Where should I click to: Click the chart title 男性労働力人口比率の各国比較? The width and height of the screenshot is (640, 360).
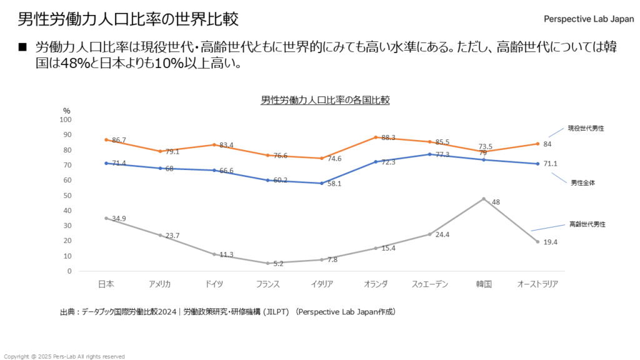pyautogui.click(x=325, y=100)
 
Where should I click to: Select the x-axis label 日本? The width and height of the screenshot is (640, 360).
pyautogui.click(x=106, y=284)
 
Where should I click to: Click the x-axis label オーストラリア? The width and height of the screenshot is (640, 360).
pyautogui.click(x=537, y=284)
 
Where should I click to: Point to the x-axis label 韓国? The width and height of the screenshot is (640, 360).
pyautogui.click(x=484, y=284)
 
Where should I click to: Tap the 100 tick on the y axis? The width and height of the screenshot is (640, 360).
pyautogui.click(x=66, y=119)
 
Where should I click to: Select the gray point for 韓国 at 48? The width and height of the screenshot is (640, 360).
pyautogui.click(x=484, y=199)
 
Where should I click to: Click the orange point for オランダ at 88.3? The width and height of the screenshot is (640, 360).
pyautogui.click(x=376, y=137)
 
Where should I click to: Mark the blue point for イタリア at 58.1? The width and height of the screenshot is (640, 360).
pyautogui.click(x=322, y=183)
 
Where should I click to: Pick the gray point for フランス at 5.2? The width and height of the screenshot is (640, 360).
pyautogui.click(x=267, y=263)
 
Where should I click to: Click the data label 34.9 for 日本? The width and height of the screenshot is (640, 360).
pyautogui.click(x=119, y=219)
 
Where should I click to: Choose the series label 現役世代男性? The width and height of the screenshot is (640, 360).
pyautogui.click(x=586, y=128)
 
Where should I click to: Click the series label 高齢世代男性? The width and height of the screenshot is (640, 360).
pyautogui.click(x=586, y=224)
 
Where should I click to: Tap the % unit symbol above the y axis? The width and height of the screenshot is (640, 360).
pyautogui.click(x=67, y=111)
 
